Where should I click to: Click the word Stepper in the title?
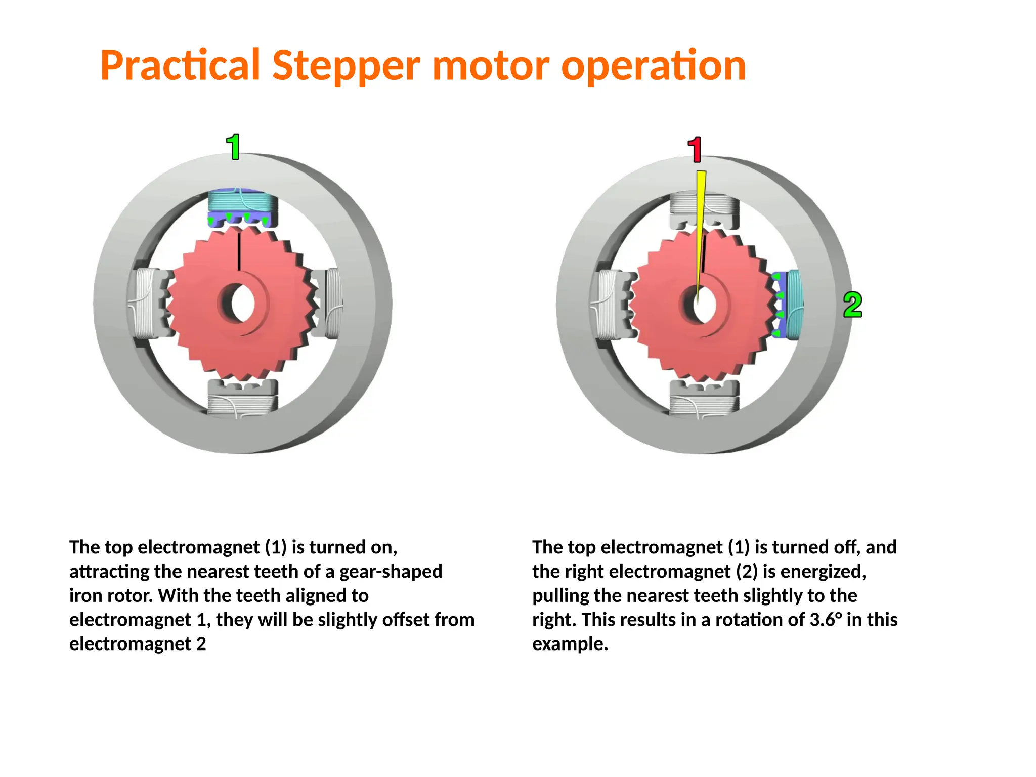346,66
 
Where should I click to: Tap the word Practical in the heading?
180,66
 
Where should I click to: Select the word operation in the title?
653,66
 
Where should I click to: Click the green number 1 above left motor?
233,147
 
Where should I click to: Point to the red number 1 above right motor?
696,150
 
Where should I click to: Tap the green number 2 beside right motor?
852,305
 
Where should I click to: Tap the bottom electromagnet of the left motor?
243,397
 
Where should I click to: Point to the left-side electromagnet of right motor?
612,305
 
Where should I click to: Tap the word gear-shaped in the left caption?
391,572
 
